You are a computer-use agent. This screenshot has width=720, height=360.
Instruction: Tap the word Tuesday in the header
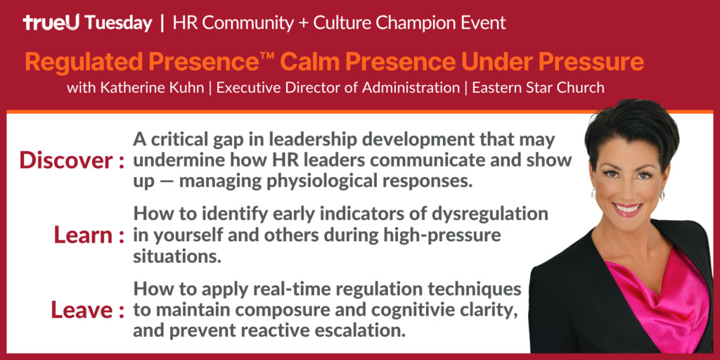pos(118,23)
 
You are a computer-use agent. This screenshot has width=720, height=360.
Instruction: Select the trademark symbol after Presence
pos(267,56)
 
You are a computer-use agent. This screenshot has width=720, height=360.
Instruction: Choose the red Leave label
pos(83,309)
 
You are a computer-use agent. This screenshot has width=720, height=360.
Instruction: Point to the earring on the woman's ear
pos(662,195)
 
